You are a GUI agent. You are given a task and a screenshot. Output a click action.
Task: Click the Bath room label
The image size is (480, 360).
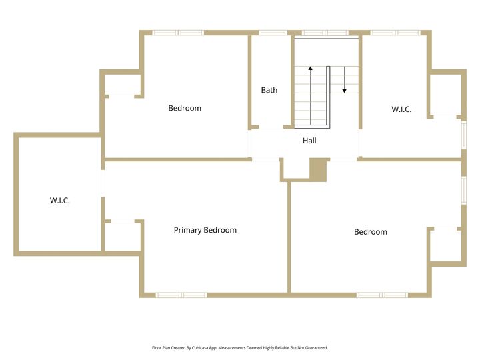click(x=269, y=90)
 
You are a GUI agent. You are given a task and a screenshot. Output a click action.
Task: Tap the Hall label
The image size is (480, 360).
click(x=309, y=141)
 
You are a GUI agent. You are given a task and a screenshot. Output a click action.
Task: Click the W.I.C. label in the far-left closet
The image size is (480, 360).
click(x=60, y=201)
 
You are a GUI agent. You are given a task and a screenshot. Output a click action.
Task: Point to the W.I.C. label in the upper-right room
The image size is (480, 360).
click(x=401, y=109)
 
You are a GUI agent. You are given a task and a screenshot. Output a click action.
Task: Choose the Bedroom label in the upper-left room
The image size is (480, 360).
click(x=185, y=108)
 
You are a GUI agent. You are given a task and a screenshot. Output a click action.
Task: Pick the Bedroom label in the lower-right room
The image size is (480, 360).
click(x=371, y=232)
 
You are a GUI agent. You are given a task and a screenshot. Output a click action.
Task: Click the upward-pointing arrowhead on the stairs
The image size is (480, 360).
click(x=311, y=68)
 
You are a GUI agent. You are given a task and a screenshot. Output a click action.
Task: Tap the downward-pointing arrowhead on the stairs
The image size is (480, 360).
click(x=345, y=91)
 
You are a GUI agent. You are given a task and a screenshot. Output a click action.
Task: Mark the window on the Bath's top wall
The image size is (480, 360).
click(x=273, y=33)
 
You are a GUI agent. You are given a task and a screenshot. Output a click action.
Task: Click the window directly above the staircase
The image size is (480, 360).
click(x=325, y=33)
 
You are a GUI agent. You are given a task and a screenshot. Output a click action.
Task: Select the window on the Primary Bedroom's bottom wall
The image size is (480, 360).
click(x=181, y=295)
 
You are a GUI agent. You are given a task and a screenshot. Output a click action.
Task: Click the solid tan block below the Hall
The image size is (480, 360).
click(x=319, y=170)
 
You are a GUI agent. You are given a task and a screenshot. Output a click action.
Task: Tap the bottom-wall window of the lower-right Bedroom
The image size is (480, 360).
click(x=382, y=295)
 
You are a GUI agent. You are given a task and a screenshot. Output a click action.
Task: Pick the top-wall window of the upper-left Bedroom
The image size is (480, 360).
click(x=178, y=33)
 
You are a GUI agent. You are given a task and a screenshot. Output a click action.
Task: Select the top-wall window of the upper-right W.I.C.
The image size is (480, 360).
click(x=395, y=33)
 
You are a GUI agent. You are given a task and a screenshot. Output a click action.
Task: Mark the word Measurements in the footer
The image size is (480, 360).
click(x=232, y=348)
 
